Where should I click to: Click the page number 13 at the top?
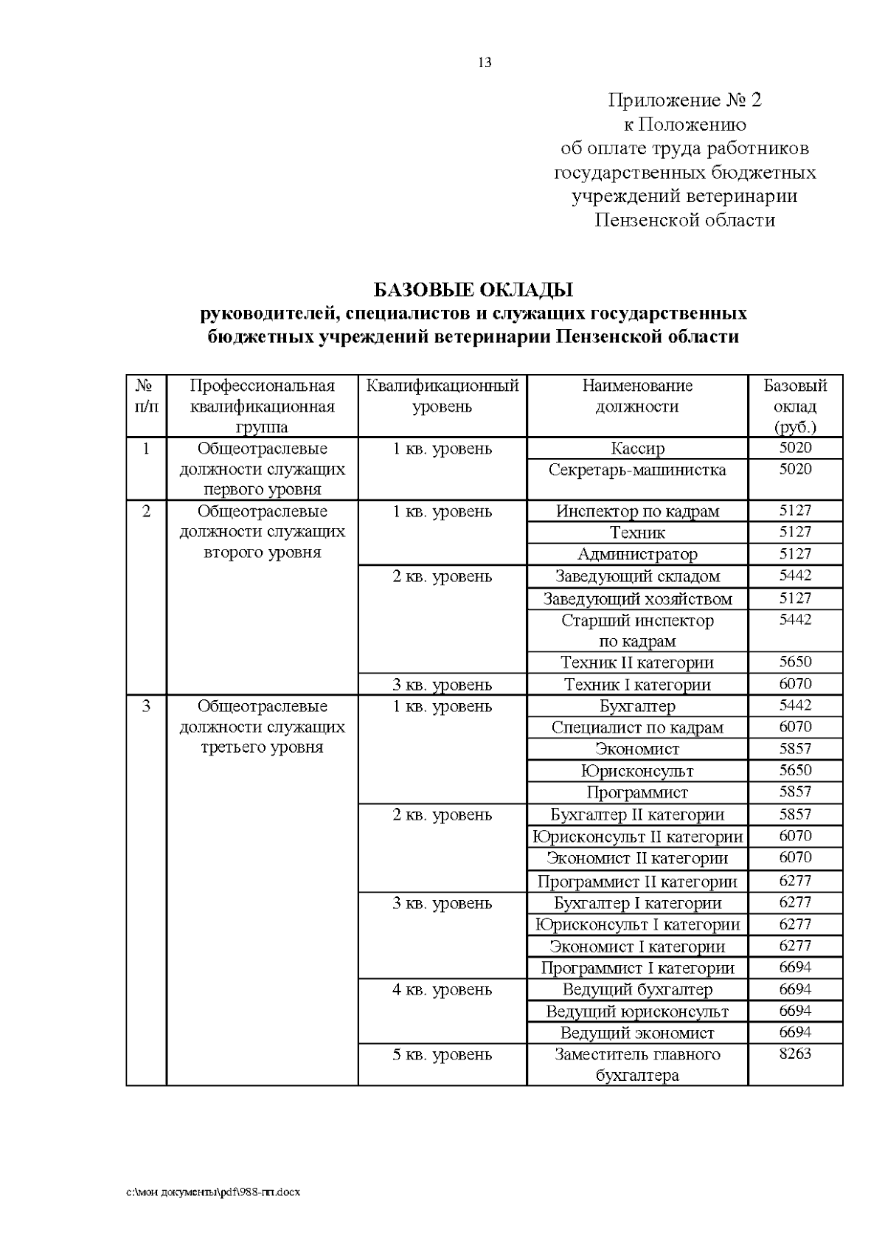point(485,63)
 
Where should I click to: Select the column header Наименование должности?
point(637,396)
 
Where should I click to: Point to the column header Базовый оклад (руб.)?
point(795,406)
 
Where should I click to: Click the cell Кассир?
point(637,449)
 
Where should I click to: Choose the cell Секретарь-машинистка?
point(637,470)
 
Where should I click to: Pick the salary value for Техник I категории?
point(795,684)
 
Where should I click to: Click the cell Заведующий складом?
point(637,576)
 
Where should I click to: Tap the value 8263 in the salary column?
point(795,1054)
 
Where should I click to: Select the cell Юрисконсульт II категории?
point(637,837)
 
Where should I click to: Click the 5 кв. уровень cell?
point(442,1055)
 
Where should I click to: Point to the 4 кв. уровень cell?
point(442,990)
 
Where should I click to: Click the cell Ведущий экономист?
point(637,1033)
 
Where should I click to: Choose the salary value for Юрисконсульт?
point(795,770)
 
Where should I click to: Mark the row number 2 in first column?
point(146,511)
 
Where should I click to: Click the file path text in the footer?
point(214,1192)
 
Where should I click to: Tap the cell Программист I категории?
point(637,968)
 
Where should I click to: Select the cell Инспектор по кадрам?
point(637,511)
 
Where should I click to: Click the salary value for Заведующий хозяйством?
point(795,598)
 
